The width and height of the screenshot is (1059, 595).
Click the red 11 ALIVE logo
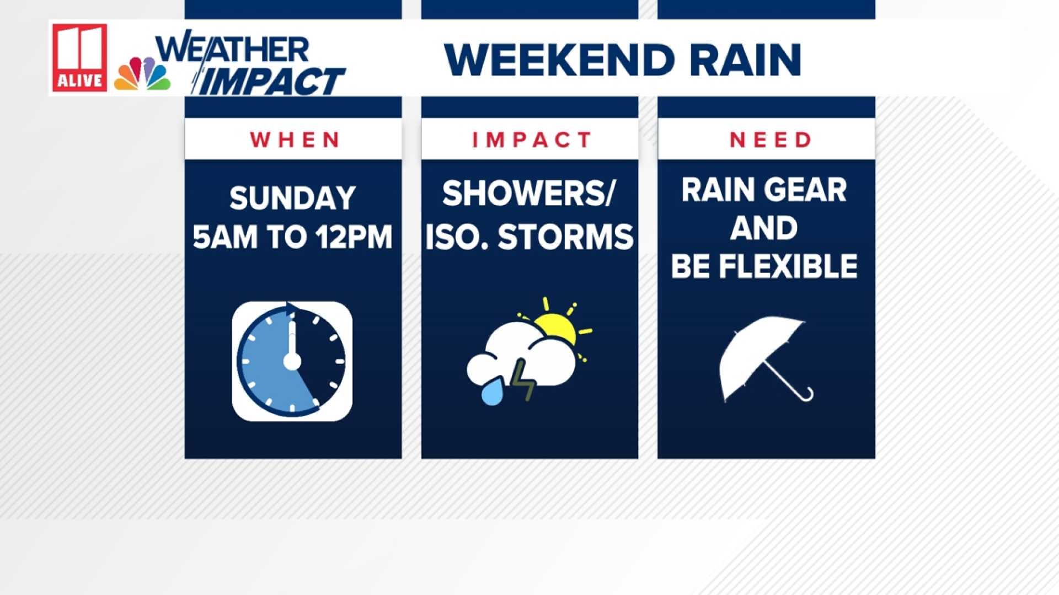point(79,57)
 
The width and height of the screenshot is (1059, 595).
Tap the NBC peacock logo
point(142,73)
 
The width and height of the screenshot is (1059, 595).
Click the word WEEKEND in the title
point(559,60)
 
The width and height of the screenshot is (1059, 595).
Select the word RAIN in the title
point(745,60)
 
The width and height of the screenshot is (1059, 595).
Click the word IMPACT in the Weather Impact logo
point(269,82)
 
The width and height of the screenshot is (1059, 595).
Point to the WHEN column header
point(295,140)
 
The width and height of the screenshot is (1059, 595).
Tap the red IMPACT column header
point(532,140)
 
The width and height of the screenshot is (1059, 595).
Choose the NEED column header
point(771,140)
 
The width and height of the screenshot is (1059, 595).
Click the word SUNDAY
point(292,198)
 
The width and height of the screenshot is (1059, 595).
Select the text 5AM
point(225,237)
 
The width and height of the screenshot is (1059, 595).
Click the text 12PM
point(354,237)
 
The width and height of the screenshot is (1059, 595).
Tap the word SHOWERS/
point(528,194)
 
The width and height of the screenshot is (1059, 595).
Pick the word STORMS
point(565,237)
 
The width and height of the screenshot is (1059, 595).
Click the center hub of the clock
point(292,362)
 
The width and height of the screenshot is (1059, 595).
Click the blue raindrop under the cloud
point(493,391)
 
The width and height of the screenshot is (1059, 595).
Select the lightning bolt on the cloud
point(522,379)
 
